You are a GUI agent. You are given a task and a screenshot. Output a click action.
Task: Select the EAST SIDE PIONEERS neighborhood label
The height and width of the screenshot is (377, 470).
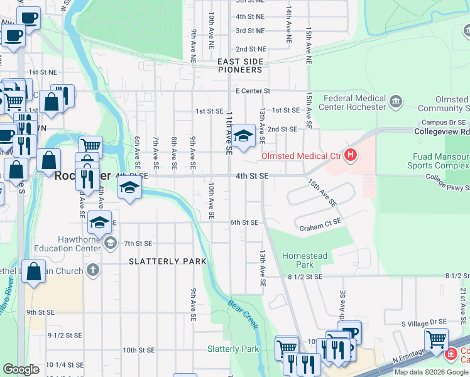click(240, 65)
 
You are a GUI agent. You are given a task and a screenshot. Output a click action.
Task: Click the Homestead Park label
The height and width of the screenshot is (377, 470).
click(305, 261)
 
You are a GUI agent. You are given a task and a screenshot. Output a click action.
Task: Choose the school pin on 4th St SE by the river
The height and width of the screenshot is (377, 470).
click(129, 187)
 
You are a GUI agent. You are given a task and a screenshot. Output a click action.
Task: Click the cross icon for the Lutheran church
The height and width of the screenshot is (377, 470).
click(92, 271)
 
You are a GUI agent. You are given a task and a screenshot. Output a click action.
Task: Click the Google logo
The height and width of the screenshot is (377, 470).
click(21, 369)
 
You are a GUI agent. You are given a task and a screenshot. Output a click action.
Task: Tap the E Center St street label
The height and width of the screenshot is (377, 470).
click(253, 91)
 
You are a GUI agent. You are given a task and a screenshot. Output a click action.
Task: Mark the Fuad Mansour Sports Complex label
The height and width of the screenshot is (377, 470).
click(440, 161)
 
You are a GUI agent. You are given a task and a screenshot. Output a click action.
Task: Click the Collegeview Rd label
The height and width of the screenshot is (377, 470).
click(442, 132)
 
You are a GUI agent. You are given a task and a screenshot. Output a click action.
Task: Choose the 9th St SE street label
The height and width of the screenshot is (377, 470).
click(41, 312)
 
